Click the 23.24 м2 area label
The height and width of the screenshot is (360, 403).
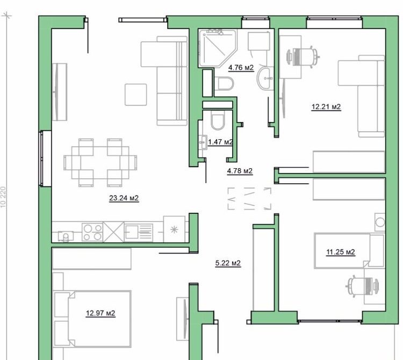[x=124, y=198]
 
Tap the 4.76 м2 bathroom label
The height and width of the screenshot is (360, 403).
[x=241, y=68]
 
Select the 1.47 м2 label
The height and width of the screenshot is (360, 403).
[x=220, y=142]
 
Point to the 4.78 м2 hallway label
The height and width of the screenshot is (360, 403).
[x=240, y=171]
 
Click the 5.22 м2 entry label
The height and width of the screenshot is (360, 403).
[x=227, y=263]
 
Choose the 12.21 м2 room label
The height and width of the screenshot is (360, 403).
[x=326, y=107]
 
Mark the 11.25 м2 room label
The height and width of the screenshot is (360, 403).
[x=341, y=251]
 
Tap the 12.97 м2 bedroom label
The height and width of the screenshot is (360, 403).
[x=101, y=313]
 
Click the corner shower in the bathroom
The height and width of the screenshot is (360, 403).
[x=217, y=48]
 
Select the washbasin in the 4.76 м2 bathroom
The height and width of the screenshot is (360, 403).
[x=264, y=79]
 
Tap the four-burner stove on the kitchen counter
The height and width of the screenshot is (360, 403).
[x=92, y=232]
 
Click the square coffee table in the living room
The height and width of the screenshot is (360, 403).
[x=136, y=95]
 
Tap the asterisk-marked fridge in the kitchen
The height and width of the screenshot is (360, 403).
[x=174, y=230]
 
